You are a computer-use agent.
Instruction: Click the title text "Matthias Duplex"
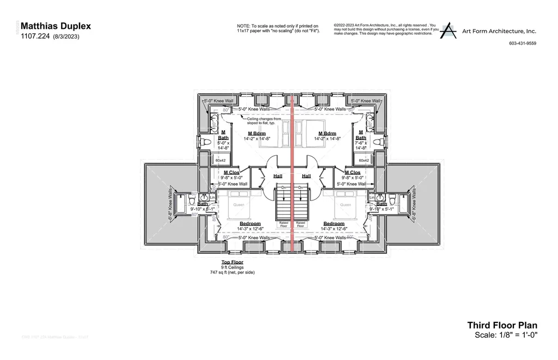[x=55, y=26]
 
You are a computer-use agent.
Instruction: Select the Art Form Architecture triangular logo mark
[x=448, y=30]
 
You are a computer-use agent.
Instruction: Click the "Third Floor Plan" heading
[x=502, y=325]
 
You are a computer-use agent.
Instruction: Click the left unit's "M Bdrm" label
[x=257, y=133]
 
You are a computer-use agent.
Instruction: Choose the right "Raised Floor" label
[x=300, y=224]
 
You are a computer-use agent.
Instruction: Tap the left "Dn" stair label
[x=284, y=187]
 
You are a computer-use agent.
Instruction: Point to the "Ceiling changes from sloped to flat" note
[x=264, y=120]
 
